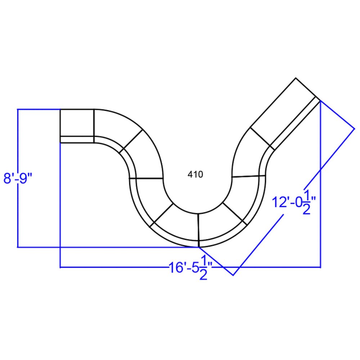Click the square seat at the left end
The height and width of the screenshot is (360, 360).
click(77, 122)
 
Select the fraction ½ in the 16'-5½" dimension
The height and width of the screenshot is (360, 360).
click(203, 270)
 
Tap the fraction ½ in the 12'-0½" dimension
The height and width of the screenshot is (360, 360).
click(306, 201)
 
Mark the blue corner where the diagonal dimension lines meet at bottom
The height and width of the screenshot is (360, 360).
click(233, 275)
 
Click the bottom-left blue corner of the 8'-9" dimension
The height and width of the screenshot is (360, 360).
click(18, 247)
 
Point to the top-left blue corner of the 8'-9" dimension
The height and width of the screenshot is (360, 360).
click(18, 109)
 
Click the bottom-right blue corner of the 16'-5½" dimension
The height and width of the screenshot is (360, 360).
click(320, 267)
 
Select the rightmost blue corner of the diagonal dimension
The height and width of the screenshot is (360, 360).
click(355, 128)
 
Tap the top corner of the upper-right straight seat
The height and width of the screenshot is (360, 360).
click(296, 78)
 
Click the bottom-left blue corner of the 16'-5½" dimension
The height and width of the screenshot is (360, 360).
click(60, 267)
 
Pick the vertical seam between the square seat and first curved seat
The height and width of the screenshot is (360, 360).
click(94, 126)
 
